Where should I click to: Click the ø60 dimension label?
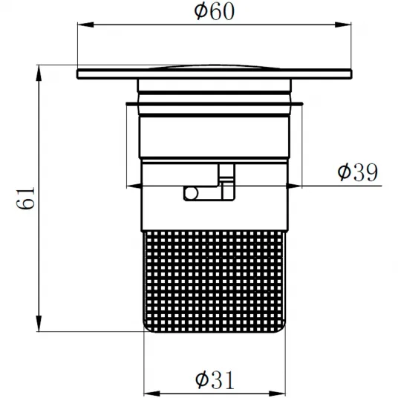click(x=215, y=11)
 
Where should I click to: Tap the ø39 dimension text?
click(x=358, y=172)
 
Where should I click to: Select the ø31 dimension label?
click(x=215, y=379)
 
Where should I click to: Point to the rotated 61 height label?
click(x=25, y=199)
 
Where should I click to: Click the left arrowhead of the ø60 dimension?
click(x=85, y=25)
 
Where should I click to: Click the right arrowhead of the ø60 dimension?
click(x=343, y=25)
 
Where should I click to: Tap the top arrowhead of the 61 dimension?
click(x=39, y=74)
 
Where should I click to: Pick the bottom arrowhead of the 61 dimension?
click(x=39, y=323)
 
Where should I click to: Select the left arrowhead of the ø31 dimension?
click(x=152, y=393)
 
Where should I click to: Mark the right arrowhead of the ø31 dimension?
click(x=277, y=393)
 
